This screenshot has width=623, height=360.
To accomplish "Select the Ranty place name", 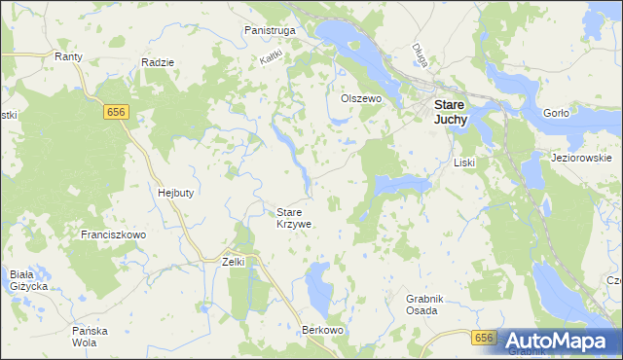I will (68, 57).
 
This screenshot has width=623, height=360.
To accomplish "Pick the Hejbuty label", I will (176, 193).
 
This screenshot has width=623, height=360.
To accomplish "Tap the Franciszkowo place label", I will (113, 235).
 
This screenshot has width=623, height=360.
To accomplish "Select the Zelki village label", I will (233, 262).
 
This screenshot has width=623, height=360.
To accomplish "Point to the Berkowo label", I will (324, 331).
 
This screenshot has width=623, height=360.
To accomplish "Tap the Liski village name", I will (462, 162).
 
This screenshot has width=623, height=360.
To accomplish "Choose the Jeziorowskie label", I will (580, 158).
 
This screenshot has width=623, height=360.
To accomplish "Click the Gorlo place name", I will (555, 113).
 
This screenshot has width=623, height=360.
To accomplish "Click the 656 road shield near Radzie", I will (115, 113).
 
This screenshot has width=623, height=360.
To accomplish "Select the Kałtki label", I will (271, 58).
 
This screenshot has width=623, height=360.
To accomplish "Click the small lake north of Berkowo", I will (318, 285).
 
